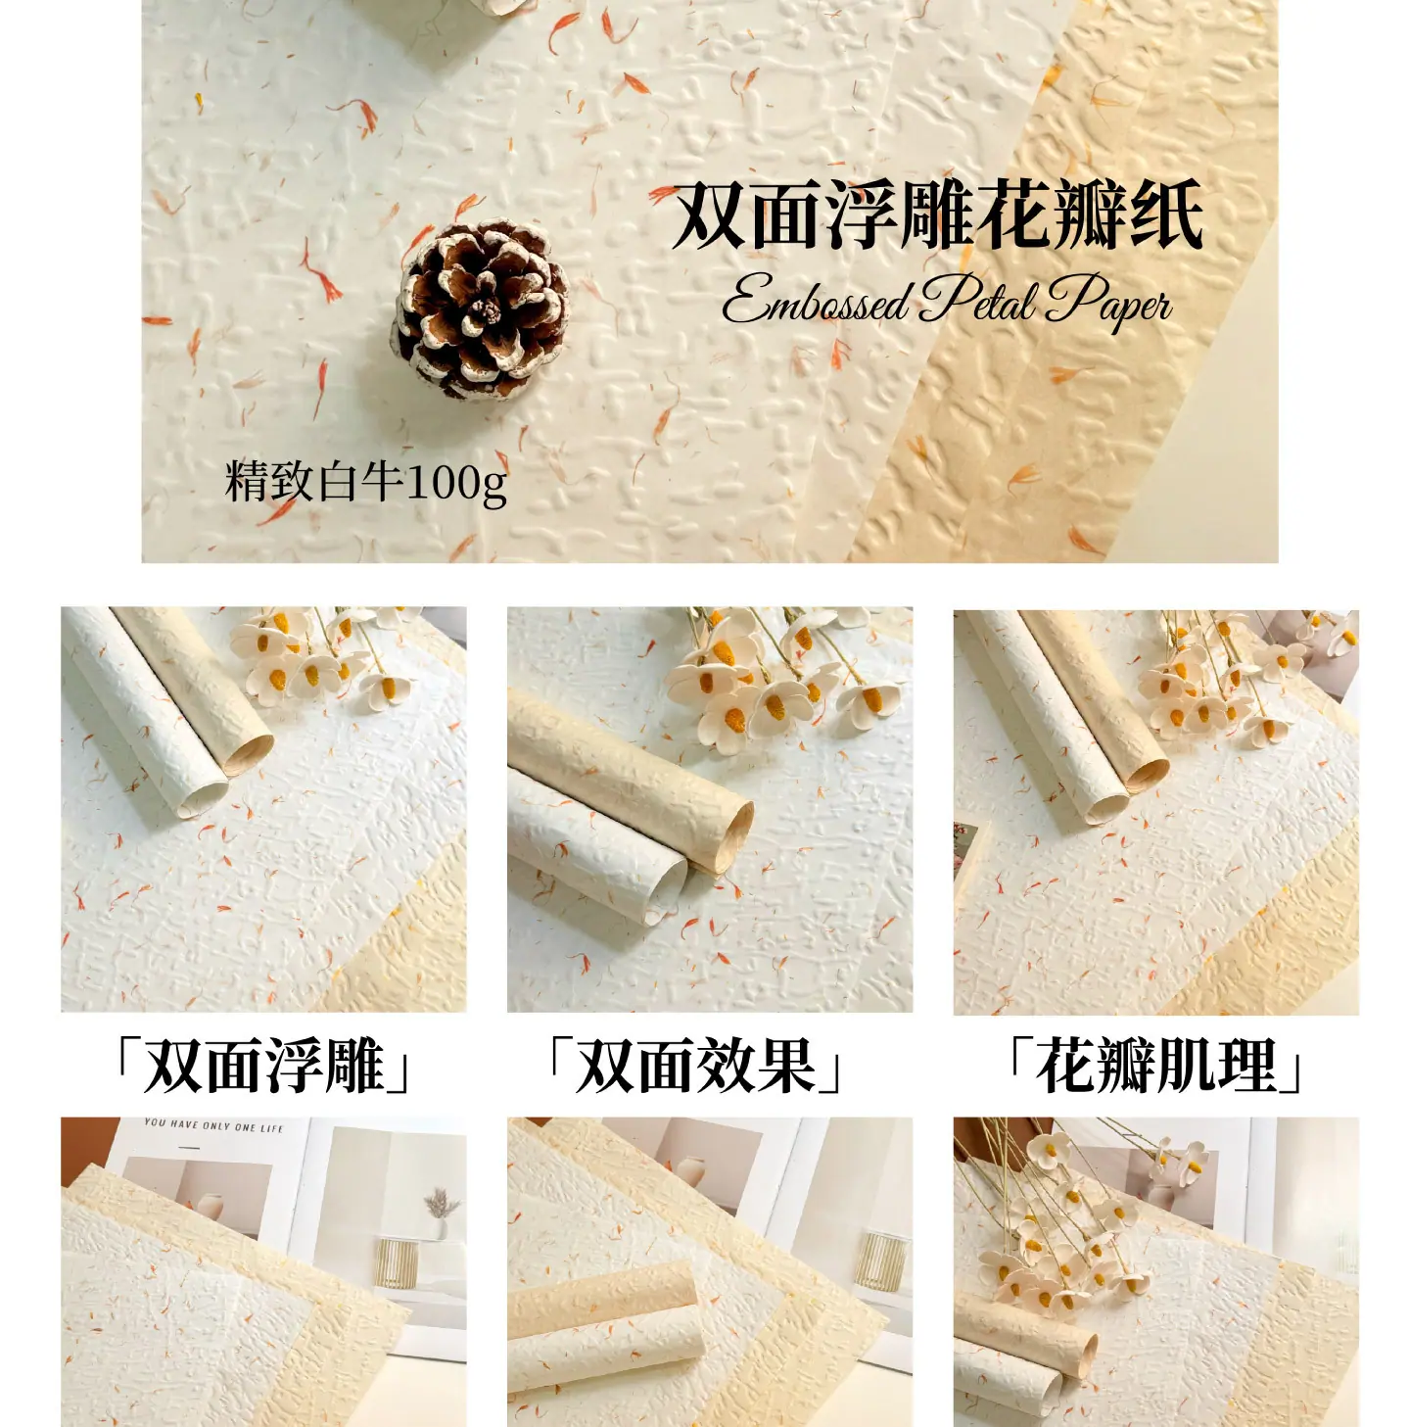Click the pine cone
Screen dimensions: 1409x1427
[483, 309]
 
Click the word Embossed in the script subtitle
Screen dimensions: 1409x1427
[815, 300]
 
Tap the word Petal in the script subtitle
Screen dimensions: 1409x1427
[976, 299]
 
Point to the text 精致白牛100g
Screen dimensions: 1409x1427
[366, 482]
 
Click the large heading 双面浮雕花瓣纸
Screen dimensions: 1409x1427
[937, 216]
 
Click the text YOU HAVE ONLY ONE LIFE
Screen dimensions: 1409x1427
[214, 1125]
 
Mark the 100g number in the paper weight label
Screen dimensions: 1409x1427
[457, 484]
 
